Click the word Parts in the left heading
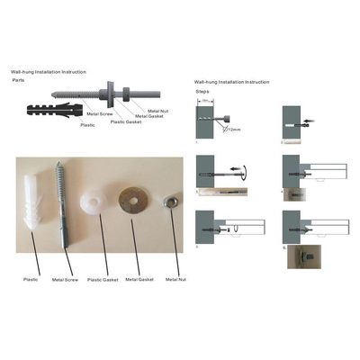[x=17, y=80]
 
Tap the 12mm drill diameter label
[x=236, y=130]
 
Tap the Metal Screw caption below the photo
[x=64, y=280]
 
